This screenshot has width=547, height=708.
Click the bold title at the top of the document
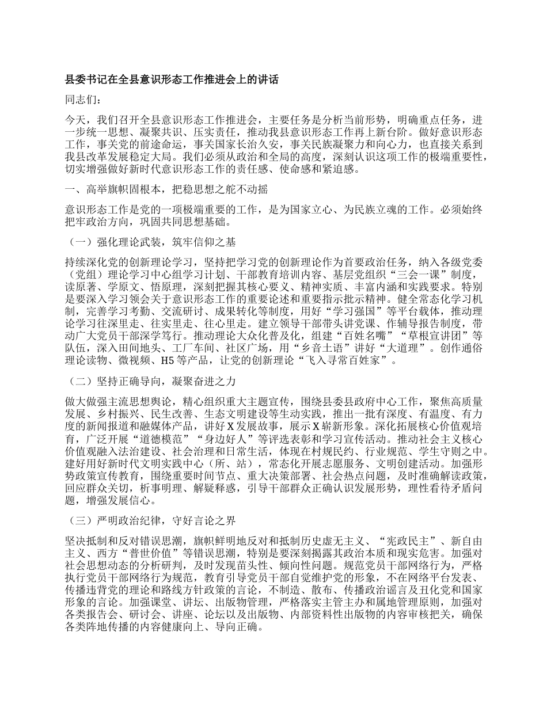coord(172,80)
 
